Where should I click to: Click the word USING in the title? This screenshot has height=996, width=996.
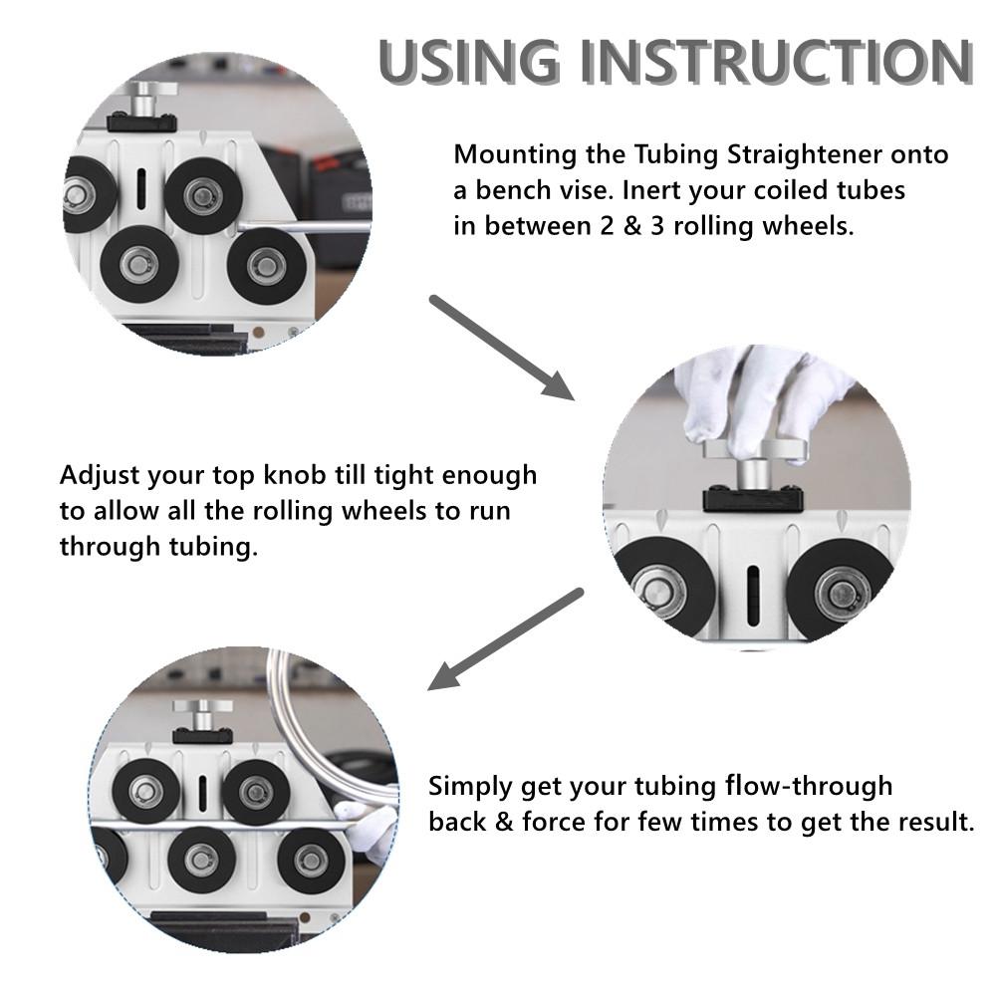pos(470,62)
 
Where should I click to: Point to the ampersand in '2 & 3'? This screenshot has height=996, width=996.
pos(632,226)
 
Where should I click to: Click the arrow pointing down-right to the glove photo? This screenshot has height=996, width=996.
pos(502,348)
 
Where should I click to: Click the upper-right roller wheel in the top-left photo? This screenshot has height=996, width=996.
pos(203,195)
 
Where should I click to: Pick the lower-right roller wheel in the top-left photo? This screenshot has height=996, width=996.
pos(266,266)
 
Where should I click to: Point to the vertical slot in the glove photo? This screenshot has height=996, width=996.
pos(753,595)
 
